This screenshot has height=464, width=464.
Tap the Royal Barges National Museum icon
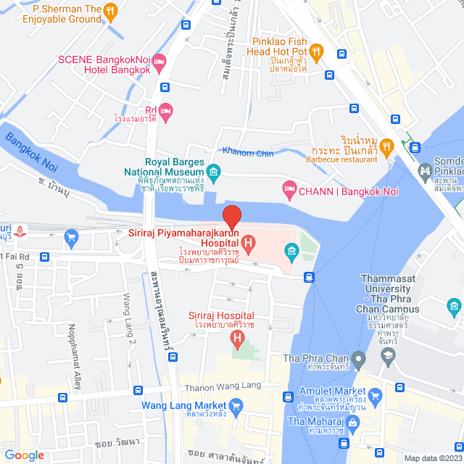pos(213,172)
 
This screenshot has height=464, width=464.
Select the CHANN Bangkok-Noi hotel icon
pos(289,190)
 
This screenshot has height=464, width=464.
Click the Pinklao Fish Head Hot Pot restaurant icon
pos(315,51)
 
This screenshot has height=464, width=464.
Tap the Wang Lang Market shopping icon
pos(236,405)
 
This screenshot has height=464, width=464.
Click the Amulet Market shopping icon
pos(374,396)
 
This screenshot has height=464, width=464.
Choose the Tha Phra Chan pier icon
pos(358,358)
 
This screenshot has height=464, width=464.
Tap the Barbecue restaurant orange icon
pos(387,146)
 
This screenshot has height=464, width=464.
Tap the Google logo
pos(25,455)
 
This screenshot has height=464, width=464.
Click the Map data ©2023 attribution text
pos(432,458)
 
